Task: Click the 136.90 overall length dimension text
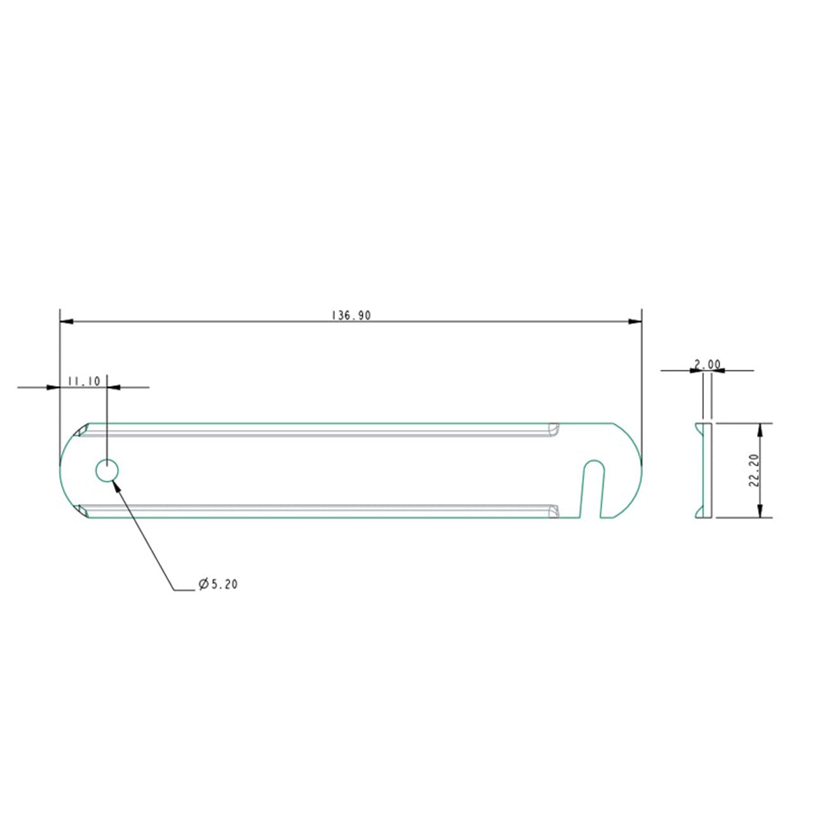click(x=351, y=316)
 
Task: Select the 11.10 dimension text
click(x=84, y=381)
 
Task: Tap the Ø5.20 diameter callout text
click(x=218, y=584)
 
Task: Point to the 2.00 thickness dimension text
click(x=708, y=364)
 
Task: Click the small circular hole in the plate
click(x=107, y=471)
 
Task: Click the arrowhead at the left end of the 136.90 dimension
click(x=66, y=321)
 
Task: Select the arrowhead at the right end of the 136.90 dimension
click(x=635, y=321)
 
